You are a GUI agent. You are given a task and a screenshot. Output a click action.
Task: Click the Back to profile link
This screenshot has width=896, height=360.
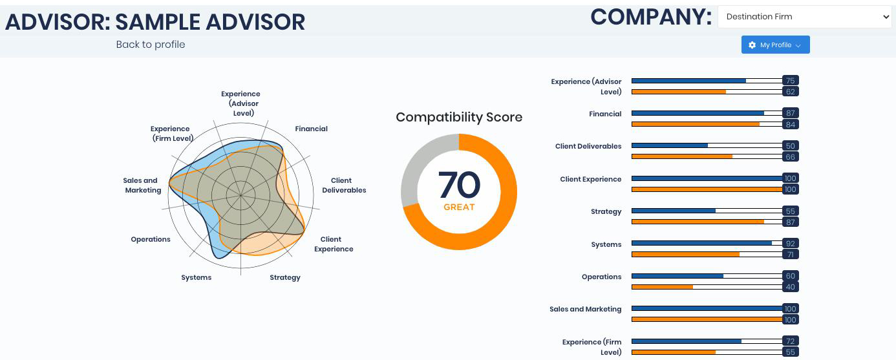pyautogui.click(x=151, y=45)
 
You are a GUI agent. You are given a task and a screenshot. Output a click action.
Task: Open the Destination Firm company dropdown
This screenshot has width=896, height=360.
pyautogui.click(x=804, y=17)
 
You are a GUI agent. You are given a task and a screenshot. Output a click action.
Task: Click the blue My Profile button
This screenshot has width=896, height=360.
pyautogui.click(x=775, y=45)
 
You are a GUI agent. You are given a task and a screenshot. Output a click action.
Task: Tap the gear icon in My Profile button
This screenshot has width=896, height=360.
pyautogui.click(x=752, y=45)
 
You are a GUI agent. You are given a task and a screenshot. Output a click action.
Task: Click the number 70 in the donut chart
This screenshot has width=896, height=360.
pyautogui.click(x=459, y=185)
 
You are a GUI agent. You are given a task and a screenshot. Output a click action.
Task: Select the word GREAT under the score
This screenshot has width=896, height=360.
pyautogui.click(x=459, y=207)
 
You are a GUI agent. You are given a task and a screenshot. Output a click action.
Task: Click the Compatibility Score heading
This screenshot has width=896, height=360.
pyautogui.click(x=459, y=117)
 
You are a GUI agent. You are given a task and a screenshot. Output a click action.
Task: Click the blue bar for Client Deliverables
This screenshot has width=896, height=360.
pyautogui.click(x=670, y=145)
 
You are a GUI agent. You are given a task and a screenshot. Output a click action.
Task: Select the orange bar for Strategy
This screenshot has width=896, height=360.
pyautogui.click(x=698, y=222)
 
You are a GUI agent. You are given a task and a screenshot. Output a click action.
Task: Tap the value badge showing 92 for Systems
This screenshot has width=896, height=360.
pyautogui.click(x=791, y=243)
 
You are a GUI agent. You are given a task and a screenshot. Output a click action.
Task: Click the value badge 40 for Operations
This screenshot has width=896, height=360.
pyautogui.click(x=791, y=287)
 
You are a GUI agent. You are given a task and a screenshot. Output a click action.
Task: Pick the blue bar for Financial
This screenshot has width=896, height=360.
pyautogui.click(x=698, y=113)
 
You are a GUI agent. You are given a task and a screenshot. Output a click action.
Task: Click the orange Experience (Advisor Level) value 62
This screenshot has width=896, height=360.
pyautogui.click(x=791, y=92)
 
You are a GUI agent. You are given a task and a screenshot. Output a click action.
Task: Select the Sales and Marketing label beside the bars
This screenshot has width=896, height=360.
pyautogui.click(x=585, y=309)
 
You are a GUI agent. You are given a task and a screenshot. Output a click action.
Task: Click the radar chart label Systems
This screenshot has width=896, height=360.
pyautogui.click(x=196, y=278)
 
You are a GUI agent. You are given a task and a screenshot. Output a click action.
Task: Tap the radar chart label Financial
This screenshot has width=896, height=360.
pyautogui.click(x=311, y=129)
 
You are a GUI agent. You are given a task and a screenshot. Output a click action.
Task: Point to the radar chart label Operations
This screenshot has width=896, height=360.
pyautogui.click(x=151, y=239)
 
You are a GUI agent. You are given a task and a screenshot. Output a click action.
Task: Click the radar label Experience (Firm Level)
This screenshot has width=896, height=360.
pyautogui.click(x=171, y=134)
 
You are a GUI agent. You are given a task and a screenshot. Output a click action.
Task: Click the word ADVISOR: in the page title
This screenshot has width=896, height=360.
pyautogui.click(x=58, y=22)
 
